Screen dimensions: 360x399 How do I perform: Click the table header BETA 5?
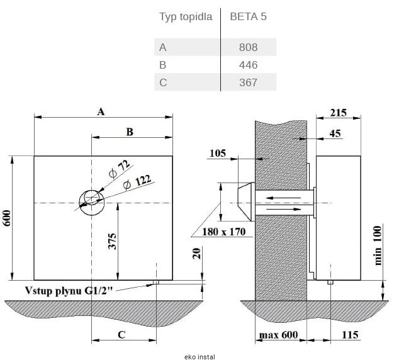pyautogui.click(x=248, y=17)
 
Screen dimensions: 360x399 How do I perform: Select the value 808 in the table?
pyautogui.click(x=248, y=47)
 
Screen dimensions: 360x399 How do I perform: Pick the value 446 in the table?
pyautogui.click(x=248, y=65)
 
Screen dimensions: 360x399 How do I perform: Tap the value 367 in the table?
pyautogui.click(x=248, y=82)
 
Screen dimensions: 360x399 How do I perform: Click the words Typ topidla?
pyautogui.click(x=186, y=17)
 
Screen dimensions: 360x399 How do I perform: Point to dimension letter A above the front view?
pyautogui.click(x=101, y=111)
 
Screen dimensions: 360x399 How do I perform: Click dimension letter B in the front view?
pyautogui.click(x=130, y=132)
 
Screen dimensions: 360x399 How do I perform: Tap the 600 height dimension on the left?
pyautogui.click(x=8, y=218)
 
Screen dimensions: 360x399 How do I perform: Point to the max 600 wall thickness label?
pyautogui.click(x=278, y=334)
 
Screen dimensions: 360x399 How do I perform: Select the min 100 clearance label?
pyautogui.click(x=378, y=245)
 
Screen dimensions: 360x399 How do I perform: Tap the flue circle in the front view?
pyautogui.click(x=92, y=200)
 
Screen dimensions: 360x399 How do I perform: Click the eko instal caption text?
pyautogui.click(x=199, y=356)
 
